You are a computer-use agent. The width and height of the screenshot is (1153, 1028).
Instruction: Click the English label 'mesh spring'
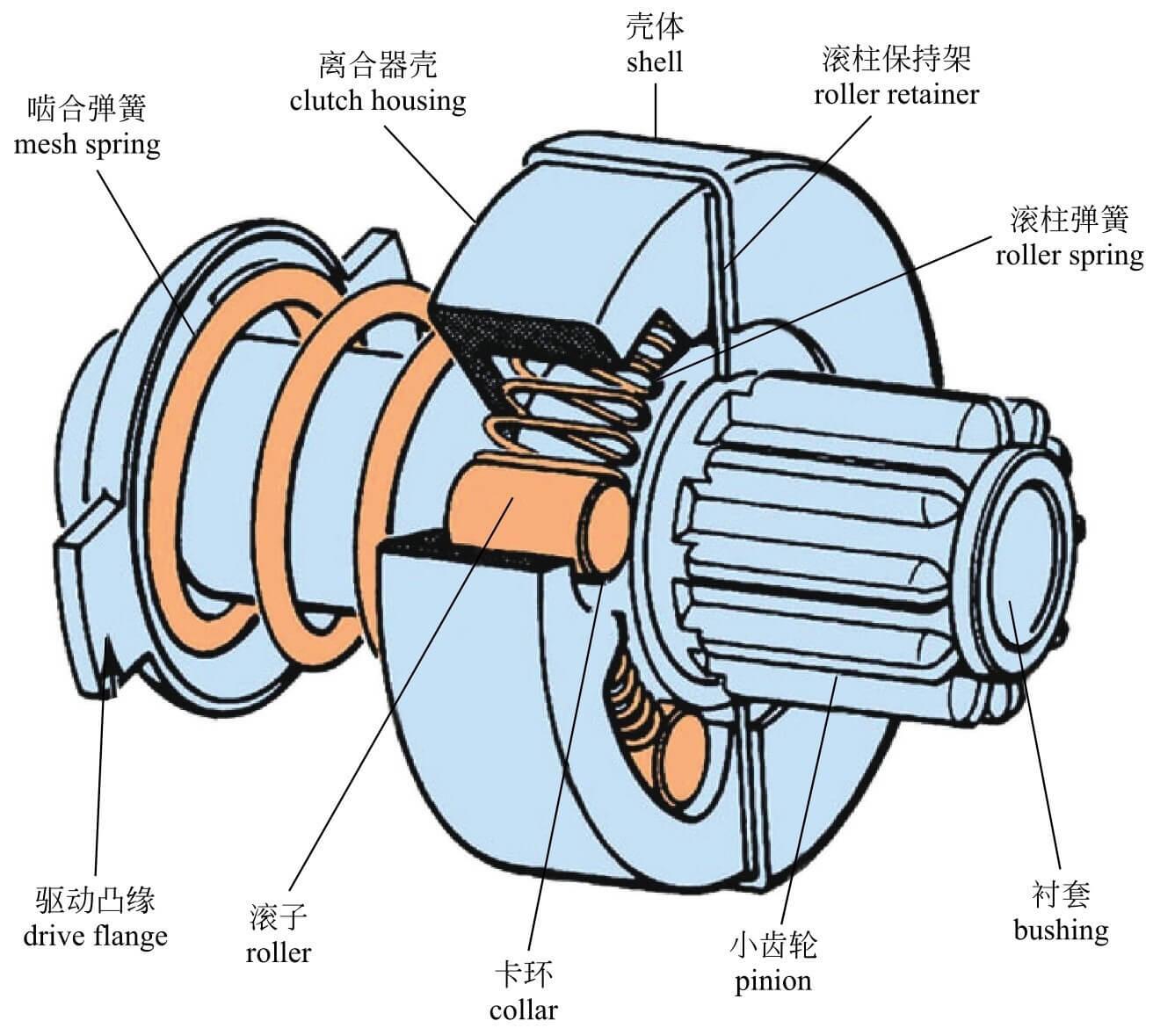tap(87, 143)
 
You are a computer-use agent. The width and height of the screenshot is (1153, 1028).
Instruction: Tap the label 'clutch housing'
tap(378, 101)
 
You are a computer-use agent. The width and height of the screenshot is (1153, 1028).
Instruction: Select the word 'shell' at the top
tap(654, 62)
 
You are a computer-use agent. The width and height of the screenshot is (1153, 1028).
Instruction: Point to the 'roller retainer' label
tap(896, 94)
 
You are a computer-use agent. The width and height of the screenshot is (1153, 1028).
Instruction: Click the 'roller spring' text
tap(1069, 255)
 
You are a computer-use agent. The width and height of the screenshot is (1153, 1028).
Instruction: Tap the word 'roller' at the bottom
tap(279, 952)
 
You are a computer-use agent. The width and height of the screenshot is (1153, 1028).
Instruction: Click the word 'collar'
tap(523, 1010)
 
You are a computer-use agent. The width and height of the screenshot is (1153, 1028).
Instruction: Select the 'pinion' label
tap(773, 980)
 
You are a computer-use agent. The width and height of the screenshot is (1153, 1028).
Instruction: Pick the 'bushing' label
tap(1061, 930)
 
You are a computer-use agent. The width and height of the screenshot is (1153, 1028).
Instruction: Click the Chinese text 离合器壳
tap(378, 65)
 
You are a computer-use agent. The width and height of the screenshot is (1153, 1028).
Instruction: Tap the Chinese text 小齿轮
tap(773, 945)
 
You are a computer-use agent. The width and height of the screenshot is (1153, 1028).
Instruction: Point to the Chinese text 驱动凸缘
tap(95, 900)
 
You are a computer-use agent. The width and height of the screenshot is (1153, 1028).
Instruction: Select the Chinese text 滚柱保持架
tap(896, 58)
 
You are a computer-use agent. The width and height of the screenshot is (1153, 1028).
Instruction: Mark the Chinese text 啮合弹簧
tap(87, 108)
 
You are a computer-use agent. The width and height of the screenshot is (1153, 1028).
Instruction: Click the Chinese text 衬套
tap(1061, 894)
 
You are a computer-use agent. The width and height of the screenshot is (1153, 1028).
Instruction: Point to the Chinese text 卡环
tap(523, 974)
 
